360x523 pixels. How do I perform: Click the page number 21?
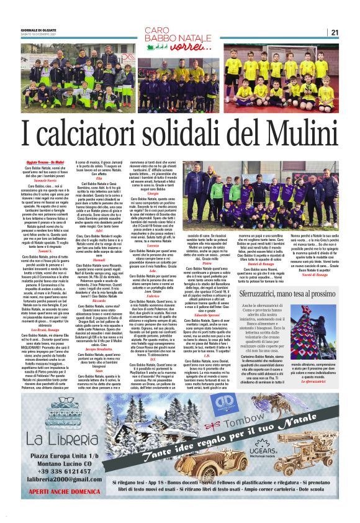[x=351, y=32]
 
